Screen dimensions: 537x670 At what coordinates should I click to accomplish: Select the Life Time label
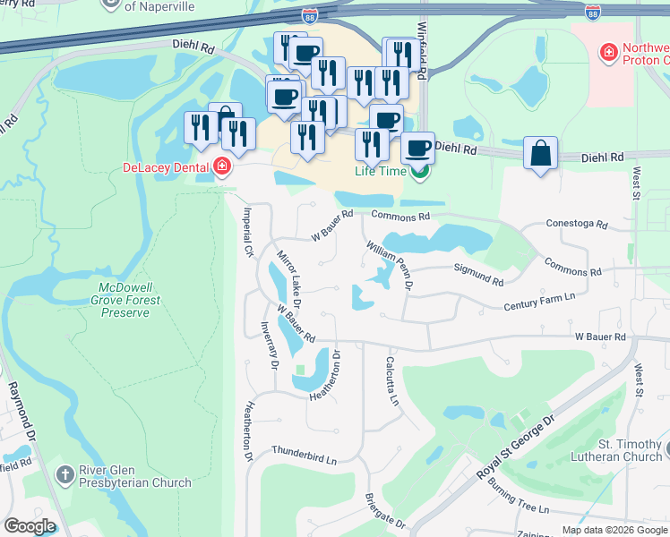[x=381, y=171]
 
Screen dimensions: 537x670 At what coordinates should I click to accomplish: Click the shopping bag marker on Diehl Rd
[x=541, y=153]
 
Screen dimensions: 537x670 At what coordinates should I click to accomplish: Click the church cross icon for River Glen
[x=64, y=473]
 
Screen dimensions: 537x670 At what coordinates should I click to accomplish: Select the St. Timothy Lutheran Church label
[x=617, y=450]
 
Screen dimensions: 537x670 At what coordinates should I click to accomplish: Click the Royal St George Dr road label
[x=506, y=446]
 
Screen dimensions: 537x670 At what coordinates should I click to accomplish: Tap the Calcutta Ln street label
[x=392, y=381]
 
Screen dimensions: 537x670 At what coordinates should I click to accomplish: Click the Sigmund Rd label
[x=478, y=274]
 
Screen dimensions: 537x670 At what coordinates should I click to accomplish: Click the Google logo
[x=30, y=526]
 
